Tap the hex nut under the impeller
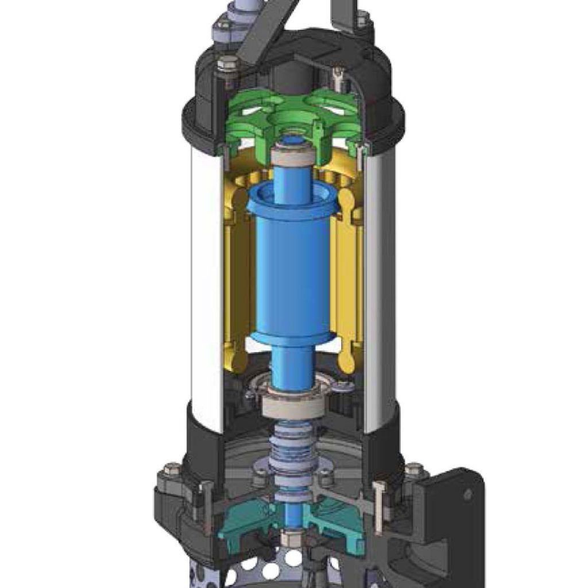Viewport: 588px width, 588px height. (289, 539)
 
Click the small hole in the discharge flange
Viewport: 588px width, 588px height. (467, 494)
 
